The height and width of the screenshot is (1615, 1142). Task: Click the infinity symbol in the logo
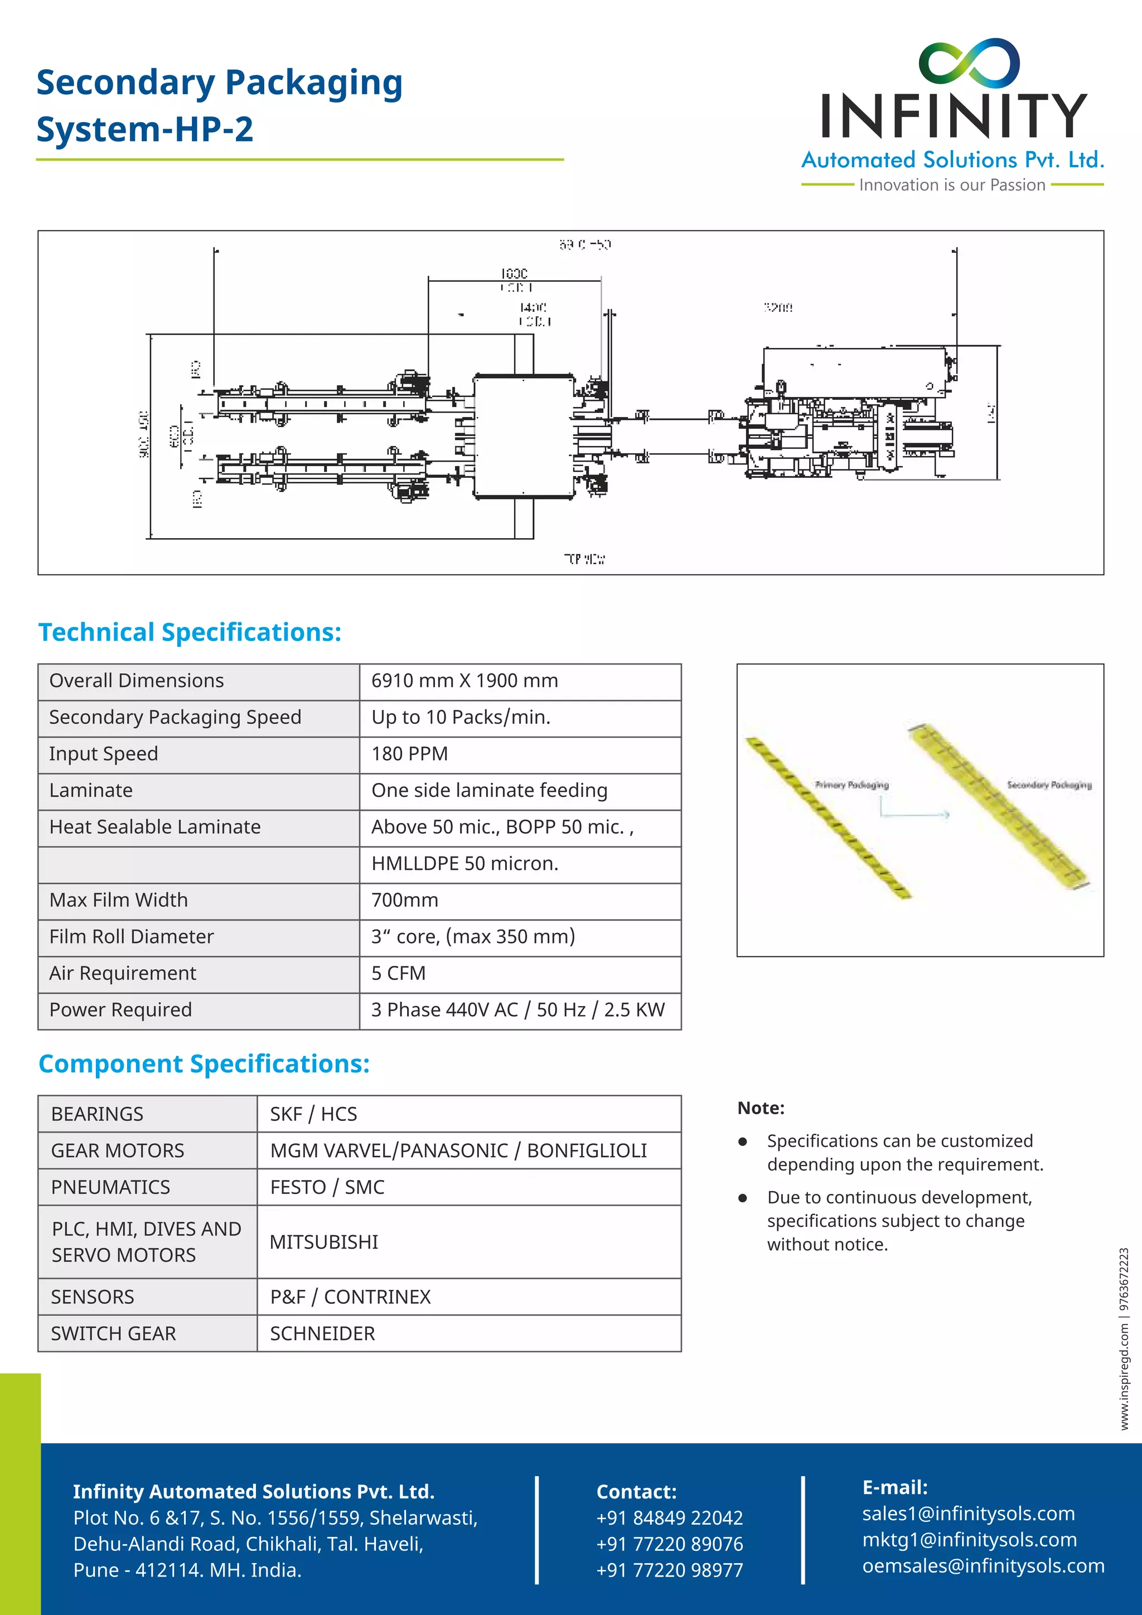(969, 62)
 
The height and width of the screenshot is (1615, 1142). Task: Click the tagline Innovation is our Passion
(952, 185)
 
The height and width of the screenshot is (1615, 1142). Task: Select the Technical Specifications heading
(190, 632)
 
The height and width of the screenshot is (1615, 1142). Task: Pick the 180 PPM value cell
(409, 754)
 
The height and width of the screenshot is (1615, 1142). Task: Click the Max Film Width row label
(119, 900)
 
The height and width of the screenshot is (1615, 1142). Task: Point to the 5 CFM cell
(398, 974)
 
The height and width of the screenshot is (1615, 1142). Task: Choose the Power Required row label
(120, 1010)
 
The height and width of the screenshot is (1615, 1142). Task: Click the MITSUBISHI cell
(324, 1242)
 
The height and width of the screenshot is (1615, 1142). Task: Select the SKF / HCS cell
(313, 1114)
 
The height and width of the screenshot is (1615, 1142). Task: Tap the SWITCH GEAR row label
(113, 1333)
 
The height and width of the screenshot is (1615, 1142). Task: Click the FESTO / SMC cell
(327, 1187)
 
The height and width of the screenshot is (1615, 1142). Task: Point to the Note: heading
(761, 1109)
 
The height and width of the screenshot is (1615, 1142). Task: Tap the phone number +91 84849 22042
(670, 1518)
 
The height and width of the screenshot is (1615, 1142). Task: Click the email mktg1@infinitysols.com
(969, 1540)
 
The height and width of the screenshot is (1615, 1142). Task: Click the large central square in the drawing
(524, 436)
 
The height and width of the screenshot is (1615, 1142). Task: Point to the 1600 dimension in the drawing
(514, 273)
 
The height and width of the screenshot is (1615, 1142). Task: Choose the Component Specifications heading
(204, 1064)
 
